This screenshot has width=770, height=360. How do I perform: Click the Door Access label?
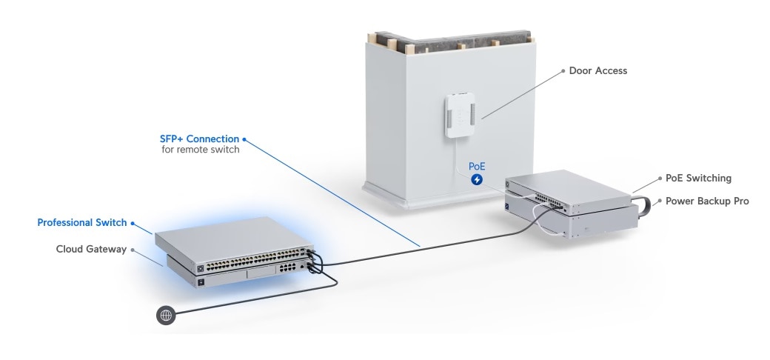[x=597, y=71]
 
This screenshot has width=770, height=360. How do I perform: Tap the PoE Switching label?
[x=698, y=179]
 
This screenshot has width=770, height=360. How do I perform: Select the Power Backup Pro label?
[x=707, y=201]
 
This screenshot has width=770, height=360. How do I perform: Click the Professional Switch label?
[x=82, y=222]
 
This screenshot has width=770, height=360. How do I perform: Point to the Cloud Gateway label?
[x=91, y=249]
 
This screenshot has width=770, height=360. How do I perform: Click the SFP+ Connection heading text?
[x=199, y=139]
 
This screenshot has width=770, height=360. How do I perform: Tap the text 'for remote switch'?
[x=200, y=150]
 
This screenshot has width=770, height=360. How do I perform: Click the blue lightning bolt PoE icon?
[x=477, y=179]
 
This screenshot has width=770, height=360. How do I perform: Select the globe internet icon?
[x=166, y=316]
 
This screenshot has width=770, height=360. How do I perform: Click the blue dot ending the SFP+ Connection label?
[x=244, y=139]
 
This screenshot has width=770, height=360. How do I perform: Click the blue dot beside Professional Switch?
[x=134, y=222]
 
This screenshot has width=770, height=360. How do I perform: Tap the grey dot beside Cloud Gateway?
[x=133, y=249]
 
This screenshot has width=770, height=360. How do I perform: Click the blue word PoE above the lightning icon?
[x=477, y=167]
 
